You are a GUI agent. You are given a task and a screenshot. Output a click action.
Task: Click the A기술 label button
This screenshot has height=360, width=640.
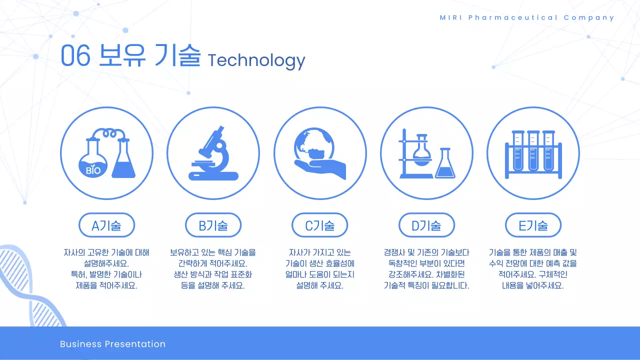click(x=106, y=225)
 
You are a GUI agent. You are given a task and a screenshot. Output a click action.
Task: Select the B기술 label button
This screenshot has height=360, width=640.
click(x=213, y=225)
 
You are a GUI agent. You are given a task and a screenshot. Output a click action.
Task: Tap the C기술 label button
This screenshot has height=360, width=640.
click(x=319, y=225)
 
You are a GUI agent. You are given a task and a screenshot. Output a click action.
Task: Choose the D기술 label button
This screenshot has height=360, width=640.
click(x=426, y=225)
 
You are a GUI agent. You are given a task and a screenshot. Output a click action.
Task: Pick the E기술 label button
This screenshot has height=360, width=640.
click(x=533, y=225)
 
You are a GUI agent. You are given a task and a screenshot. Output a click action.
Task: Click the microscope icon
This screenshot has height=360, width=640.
click(x=213, y=153)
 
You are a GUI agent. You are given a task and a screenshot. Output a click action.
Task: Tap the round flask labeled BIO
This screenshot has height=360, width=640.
click(x=93, y=160)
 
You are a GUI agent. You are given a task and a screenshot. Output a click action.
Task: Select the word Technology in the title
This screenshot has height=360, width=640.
click(x=256, y=60)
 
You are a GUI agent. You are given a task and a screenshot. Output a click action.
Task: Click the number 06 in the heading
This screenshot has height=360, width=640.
click(x=75, y=56)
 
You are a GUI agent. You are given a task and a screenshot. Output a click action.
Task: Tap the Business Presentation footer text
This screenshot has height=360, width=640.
click(x=112, y=344)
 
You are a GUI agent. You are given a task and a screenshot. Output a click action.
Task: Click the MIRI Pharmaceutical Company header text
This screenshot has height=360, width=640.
click(x=527, y=17)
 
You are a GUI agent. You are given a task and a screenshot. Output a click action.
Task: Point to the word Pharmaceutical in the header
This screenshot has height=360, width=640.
click(x=513, y=17)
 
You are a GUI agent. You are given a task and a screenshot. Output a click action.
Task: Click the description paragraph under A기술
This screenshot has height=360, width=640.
click(x=106, y=269)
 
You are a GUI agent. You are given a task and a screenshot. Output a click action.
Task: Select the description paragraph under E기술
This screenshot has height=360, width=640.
click(x=533, y=269)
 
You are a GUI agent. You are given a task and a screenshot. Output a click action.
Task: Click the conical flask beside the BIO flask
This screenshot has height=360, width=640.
click(x=123, y=160)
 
